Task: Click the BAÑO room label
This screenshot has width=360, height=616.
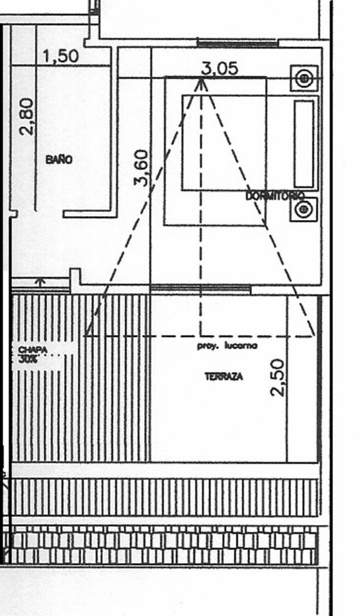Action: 59,160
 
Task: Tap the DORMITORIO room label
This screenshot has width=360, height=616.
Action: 275,196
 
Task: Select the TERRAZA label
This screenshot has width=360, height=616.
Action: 224,376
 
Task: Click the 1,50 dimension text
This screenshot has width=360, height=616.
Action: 61,56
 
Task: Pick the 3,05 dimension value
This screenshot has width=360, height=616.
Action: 219,68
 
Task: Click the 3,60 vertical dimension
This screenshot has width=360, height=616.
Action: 142,168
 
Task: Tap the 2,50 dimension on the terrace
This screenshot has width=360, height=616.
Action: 277,378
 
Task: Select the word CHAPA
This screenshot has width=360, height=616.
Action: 33,350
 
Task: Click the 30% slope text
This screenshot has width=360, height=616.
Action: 28,359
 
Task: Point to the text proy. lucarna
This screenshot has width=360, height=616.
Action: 227,345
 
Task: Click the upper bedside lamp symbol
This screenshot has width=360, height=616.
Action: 304,79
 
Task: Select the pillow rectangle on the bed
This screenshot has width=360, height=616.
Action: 304,144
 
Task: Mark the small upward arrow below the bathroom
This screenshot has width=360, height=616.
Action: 40,282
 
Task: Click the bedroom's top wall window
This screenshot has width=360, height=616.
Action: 237,44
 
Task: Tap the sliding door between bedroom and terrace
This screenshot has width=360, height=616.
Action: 200,290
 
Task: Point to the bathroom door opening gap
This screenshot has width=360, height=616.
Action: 49,214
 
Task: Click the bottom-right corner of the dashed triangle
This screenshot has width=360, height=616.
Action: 314,336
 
